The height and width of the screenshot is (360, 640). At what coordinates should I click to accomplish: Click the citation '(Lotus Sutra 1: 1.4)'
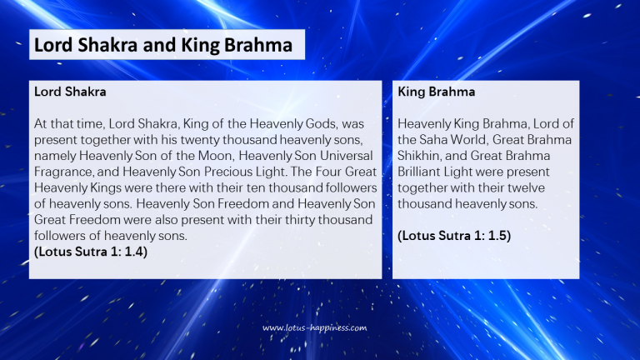[x=91, y=251]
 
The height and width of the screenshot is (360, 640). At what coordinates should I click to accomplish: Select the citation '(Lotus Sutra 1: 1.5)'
[x=454, y=235]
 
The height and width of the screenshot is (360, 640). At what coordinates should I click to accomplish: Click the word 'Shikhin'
[x=422, y=154]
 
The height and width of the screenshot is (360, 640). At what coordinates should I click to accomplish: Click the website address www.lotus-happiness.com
[x=314, y=327]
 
